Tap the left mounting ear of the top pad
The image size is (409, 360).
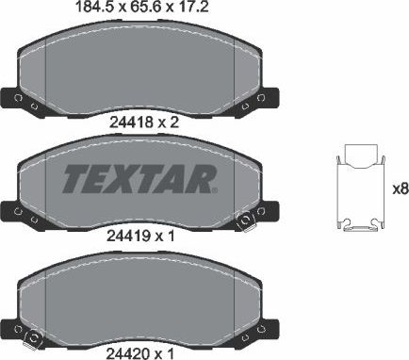[x=17, y=99]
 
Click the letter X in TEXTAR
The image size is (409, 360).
[x=125, y=176]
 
